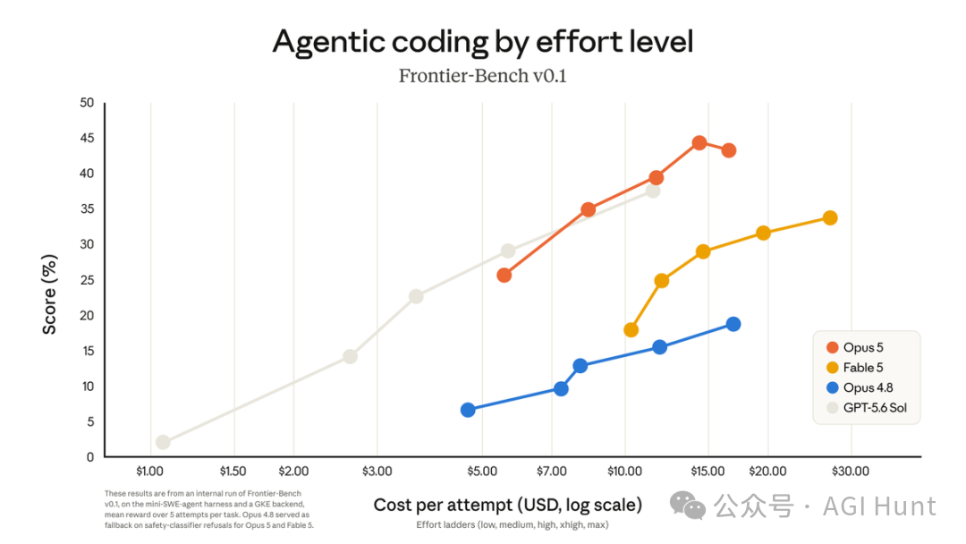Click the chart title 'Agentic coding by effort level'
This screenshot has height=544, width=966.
point(483,42)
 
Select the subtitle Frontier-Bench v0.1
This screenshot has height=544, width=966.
point(482,76)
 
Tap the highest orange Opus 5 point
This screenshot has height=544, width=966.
point(699,143)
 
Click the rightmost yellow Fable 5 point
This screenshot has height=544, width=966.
point(830,217)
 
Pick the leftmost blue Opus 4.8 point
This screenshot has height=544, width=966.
point(468,410)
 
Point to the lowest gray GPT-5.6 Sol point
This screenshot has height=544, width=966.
point(163,442)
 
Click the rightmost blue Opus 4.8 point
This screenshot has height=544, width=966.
point(733,324)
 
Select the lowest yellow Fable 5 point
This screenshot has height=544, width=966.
point(631,330)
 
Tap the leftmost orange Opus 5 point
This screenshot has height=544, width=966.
point(504,276)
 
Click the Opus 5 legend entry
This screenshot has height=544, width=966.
point(855,347)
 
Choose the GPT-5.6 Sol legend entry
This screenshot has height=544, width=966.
point(867,407)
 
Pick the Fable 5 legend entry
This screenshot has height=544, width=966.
point(855,367)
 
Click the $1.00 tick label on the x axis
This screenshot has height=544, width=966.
point(149,472)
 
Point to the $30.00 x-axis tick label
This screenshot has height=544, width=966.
point(851,472)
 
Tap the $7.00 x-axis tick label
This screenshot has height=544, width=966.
point(551,472)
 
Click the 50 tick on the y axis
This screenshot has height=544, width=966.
point(87,103)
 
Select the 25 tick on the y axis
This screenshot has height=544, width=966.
point(87,280)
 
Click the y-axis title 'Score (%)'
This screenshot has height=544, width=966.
point(49,294)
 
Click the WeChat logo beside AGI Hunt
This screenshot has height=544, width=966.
point(688,506)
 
